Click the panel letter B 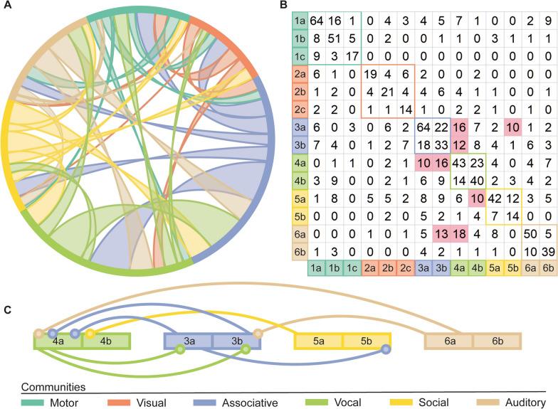[x=283, y=6]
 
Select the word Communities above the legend [x=54, y=388]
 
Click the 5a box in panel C [x=318, y=341]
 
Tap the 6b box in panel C [x=497, y=341]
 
